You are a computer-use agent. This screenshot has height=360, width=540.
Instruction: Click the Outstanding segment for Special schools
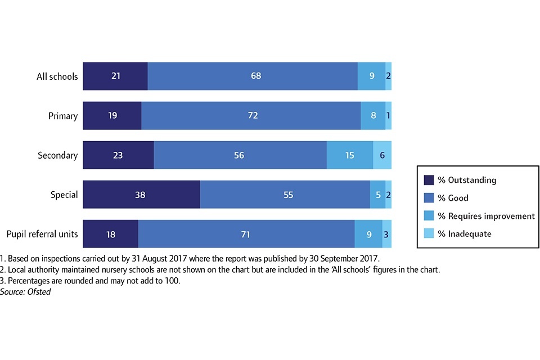click(x=141, y=195)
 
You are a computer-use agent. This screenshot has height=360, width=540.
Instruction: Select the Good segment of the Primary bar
click(x=251, y=116)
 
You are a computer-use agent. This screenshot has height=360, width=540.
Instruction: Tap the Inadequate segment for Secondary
click(x=382, y=155)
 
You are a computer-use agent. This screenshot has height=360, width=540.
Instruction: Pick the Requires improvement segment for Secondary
click(x=350, y=155)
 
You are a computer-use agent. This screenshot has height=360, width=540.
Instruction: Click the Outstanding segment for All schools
click(x=115, y=76)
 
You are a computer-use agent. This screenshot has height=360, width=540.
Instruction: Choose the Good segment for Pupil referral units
click(x=246, y=234)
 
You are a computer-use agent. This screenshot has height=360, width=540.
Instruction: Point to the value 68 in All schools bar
click(x=256, y=76)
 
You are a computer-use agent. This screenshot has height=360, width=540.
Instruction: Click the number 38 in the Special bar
click(x=140, y=195)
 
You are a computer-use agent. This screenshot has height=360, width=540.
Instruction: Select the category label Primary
click(x=62, y=116)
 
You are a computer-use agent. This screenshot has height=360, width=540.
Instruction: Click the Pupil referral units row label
click(x=42, y=234)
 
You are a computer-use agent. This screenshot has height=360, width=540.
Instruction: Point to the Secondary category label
click(x=57, y=155)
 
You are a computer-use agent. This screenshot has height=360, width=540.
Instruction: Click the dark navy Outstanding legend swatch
click(x=429, y=180)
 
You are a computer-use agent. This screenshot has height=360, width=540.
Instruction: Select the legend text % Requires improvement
click(x=487, y=216)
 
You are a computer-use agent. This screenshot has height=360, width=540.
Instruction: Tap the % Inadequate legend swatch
click(x=429, y=233)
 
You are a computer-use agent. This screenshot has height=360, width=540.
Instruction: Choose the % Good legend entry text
click(x=453, y=198)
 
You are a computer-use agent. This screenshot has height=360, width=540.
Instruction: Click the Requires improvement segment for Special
click(x=377, y=195)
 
